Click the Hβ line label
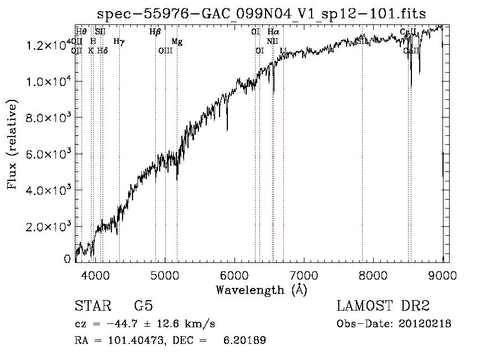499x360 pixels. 155,32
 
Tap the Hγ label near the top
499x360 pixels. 119,41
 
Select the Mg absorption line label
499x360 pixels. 176,42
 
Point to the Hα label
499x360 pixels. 273,32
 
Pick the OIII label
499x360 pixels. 165,50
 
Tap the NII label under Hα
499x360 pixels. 272,41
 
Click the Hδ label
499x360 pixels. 102,50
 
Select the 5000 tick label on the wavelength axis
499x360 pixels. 165,275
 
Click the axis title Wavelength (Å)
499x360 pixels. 261,290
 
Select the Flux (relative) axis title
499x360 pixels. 12,144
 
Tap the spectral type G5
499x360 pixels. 143,306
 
